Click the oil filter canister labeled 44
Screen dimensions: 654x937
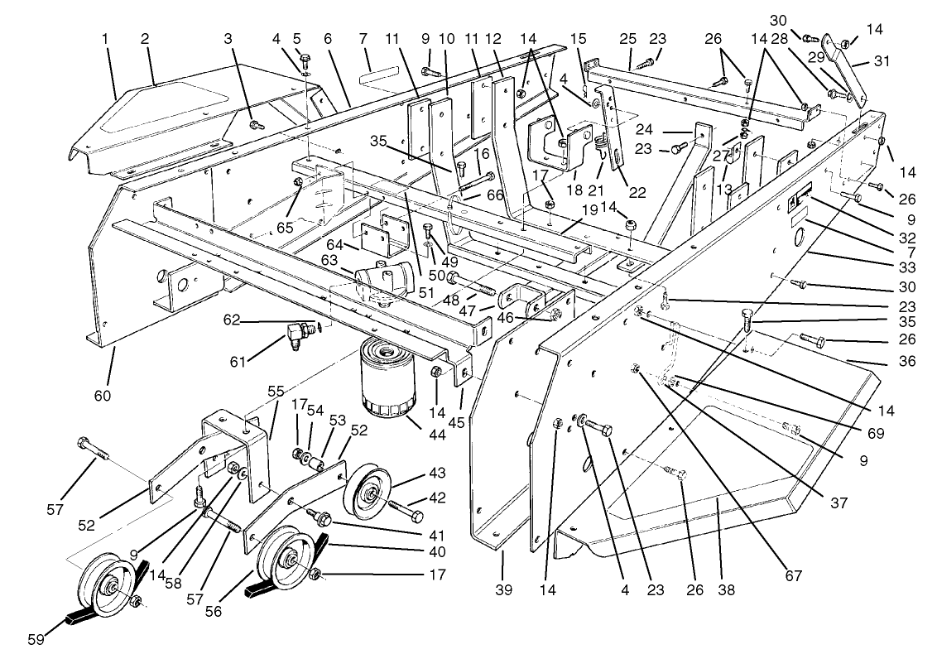coord(386,378)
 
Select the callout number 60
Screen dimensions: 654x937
coord(102,396)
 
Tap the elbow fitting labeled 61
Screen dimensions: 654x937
coord(296,334)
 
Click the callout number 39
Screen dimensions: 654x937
coord(504,590)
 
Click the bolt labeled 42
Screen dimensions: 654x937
coord(404,507)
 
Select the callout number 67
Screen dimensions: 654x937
coord(795,576)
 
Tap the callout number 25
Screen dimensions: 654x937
coord(628,39)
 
